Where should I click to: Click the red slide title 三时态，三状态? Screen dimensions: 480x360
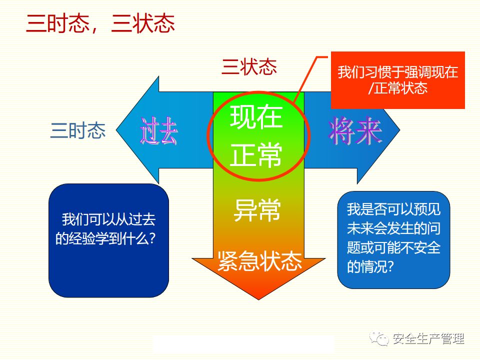pos(100,23)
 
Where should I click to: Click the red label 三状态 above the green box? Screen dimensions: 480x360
pos(249,66)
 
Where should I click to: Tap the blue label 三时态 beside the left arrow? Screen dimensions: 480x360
pos(78,130)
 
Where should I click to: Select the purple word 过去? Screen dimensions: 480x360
pos(158,131)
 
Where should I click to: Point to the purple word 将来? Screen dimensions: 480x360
pos(355,131)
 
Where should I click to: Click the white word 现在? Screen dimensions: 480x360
pos(256,116)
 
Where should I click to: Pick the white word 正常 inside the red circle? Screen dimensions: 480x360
pos(256,154)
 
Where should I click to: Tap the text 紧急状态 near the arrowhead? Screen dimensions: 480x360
pos(259,261)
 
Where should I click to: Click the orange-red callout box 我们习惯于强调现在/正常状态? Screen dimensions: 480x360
pos(398,80)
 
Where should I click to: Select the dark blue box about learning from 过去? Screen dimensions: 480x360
pos(108,240)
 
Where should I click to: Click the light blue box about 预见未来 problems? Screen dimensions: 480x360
pos(393,239)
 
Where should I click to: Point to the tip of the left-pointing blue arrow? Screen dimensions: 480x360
pos(116,130)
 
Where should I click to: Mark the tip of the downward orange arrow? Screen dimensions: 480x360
pos(258,299)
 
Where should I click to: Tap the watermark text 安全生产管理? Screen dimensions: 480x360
pos(428,339)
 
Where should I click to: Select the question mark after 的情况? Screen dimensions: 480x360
pos(389,266)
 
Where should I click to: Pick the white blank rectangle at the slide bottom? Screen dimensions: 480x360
pos(243,343)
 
